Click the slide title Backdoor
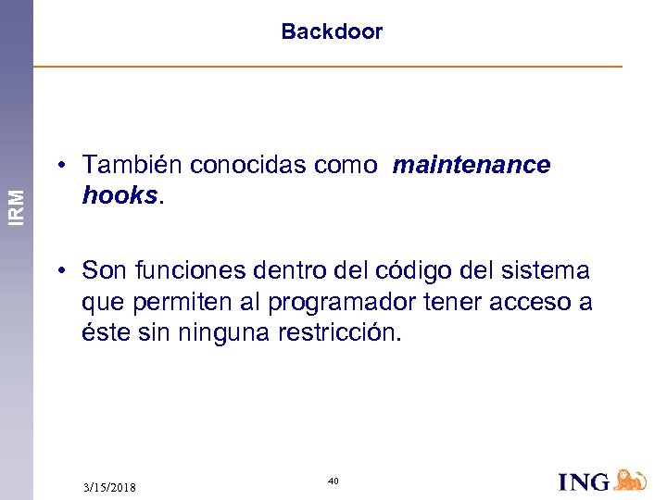pos(332,31)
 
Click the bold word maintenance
pos(472,165)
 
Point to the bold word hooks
pos(120,195)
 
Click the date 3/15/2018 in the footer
pos(108,487)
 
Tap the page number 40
pos(333,481)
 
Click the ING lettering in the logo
pos(585,481)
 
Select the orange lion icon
pos(630,480)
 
